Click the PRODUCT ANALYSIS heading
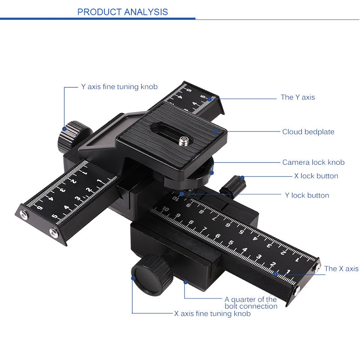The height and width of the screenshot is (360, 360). pyautogui.click(x=122, y=12)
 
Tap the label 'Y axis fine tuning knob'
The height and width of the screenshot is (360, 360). pyautogui.click(x=119, y=86)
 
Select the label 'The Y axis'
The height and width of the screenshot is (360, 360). pyautogui.click(x=298, y=97)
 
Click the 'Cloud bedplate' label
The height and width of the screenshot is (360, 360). pyautogui.click(x=308, y=132)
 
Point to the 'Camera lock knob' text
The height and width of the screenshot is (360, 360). pyautogui.click(x=313, y=162)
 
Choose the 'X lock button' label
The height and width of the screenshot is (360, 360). pyautogui.click(x=316, y=176)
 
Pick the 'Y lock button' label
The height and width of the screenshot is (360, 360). pyautogui.click(x=307, y=195)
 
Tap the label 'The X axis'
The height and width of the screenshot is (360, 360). pyautogui.click(x=341, y=269)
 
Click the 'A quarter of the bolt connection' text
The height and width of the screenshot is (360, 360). pyautogui.click(x=251, y=302)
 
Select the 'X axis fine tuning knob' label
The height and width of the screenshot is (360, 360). pyautogui.click(x=212, y=314)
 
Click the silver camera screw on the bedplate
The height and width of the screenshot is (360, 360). pyautogui.click(x=184, y=142)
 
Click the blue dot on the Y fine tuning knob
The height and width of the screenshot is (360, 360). pyautogui.click(x=65, y=129)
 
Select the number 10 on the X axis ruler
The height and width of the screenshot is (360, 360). pyautogui.click(x=166, y=209)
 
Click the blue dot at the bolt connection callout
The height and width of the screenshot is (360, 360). pyautogui.click(x=185, y=282)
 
